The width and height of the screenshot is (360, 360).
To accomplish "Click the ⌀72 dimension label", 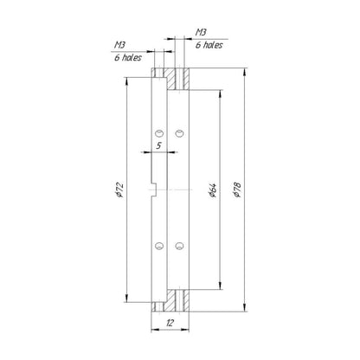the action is click(119, 190).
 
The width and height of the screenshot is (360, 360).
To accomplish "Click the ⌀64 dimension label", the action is click(213, 190).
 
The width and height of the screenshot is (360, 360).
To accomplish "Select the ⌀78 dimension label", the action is click(237, 190).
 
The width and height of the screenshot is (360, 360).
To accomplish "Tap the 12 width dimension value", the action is click(170, 323).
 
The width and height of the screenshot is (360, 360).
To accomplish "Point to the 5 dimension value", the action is click(158, 146).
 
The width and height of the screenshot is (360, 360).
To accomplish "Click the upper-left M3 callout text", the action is click(120, 45).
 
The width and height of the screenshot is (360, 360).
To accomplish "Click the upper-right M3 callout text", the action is click(201, 32).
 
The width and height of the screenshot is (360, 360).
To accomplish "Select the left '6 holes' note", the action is click(128, 57).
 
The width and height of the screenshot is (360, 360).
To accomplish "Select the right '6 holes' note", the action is click(209, 45).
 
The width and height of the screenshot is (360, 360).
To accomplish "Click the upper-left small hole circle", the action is click(159, 133).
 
